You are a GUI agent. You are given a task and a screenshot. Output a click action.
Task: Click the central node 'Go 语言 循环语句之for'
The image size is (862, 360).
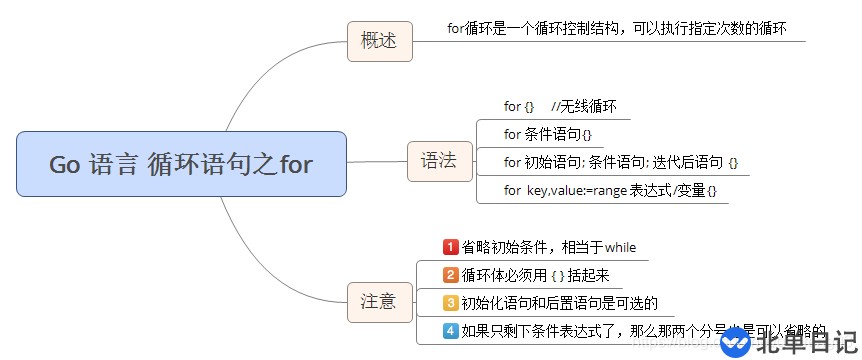[181, 164]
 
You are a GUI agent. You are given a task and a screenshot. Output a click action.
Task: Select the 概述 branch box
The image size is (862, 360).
[379, 41]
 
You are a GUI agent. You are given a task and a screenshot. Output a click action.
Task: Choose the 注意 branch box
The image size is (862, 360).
[379, 301]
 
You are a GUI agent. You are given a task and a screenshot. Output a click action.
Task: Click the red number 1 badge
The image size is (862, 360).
[450, 247]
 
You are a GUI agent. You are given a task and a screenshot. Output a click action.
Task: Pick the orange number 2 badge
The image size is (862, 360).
[450, 275]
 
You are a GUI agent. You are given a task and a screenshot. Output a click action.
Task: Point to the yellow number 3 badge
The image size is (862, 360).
[450, 303]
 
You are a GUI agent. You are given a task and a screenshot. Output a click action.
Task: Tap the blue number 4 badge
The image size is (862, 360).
[450, 331]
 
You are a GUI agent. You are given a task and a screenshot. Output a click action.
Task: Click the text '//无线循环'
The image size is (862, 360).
[584, 106]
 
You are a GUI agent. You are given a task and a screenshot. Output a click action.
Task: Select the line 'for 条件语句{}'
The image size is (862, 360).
[547, 134]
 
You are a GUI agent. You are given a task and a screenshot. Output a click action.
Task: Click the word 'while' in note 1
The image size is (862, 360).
[620, 247]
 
